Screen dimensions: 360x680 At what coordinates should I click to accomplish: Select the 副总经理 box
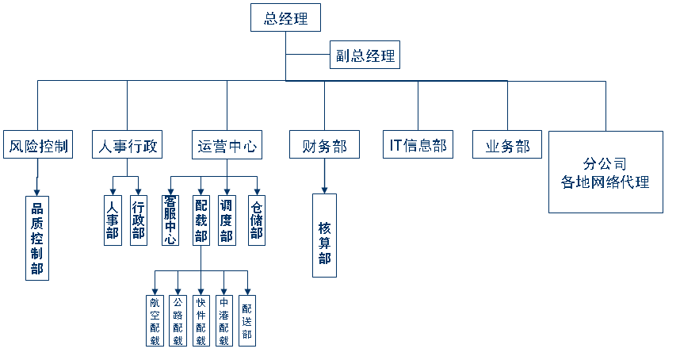pyautogui.click(x=364, y=57)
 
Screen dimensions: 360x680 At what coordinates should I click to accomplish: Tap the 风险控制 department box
pyautogui.click(x=37, y=145)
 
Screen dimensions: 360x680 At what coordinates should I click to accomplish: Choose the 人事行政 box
pyautogui.click(x=128, y=145)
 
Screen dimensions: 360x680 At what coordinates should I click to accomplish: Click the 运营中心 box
pyautogui.click(x=227, y=145)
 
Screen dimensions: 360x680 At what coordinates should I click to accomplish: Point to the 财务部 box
pyautogui.click(x=324, y=145)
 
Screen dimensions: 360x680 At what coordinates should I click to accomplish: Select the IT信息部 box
pyautogui.click(x=418, y=145)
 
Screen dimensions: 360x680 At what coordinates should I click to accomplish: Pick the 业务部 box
pyautogui.click(x=507, y=145)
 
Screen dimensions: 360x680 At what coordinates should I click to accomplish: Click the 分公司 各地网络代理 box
pyautogui.click(x=606, y=172)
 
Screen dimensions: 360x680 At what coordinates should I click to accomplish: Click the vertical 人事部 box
pyautogui.click(x=113, y=220)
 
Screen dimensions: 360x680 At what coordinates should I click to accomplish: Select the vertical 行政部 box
pyautogui.click(x=139, y=220)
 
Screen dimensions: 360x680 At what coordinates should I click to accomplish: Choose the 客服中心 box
pyautogui.click(x=170, y=220)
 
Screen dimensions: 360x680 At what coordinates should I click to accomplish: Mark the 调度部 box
pyautogui.click(x=227, y=220)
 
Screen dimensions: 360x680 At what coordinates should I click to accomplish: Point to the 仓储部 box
pyautogui.click(x=256, y=220)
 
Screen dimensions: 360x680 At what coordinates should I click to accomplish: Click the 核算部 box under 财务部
pyautogui.click(x=324, y=236)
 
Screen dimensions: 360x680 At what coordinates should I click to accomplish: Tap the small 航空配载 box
pyautogui.click(x=155, y=320)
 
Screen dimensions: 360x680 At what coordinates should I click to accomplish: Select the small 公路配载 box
pyautogui.click(x=178, y=320)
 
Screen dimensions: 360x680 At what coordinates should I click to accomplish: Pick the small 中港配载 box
pyautogui.click(x=224, y=320)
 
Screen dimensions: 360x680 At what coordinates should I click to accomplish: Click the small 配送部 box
pyautogui.click(x=247, y=320)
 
